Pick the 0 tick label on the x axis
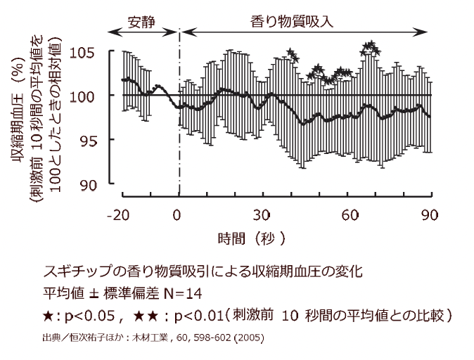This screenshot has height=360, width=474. tap(180, 214)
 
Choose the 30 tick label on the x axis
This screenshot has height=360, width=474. tap(263, 214)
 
